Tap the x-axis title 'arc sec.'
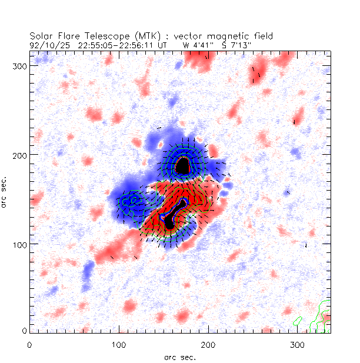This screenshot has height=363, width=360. coord(179,357)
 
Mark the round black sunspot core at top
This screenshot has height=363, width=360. coord(184,166)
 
